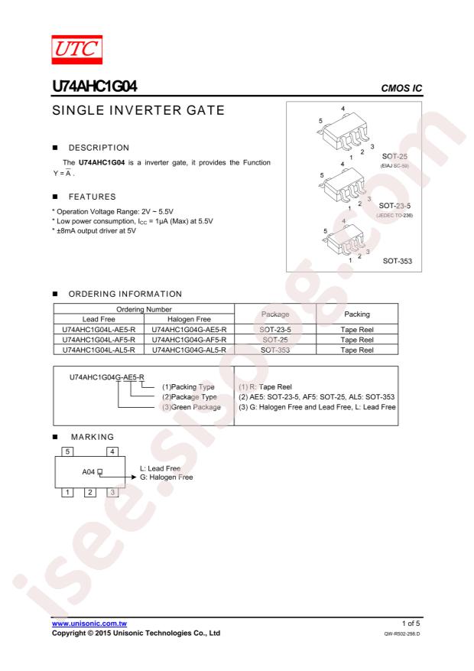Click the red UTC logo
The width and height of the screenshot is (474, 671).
pyautogui.click(x=77, y=50)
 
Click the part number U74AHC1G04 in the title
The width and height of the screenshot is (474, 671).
pyautogui.click(x=95, y=86)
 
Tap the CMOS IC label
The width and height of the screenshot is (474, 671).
pyautogui.click(x=401, y=88)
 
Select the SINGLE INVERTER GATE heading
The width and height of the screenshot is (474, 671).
pyautogui.click(x=138, y=110)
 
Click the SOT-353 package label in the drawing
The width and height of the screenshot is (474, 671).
pyautogui.click(x=398, y=261)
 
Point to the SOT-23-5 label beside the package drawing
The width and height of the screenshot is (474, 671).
pyautogui.click(x=394, y=206)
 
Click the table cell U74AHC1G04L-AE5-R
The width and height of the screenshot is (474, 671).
pyautogui.click(x=99, y=330)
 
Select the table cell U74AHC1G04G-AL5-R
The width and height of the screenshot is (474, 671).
pyautogui.click(x=189, y=350)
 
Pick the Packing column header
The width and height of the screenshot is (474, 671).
pyautogui.click(x=357, y=314)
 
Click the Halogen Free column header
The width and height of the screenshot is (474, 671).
pyautogui.click(x=189, y=319)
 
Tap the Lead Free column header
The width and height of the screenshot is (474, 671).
pyautogui.click(x=99, y=319)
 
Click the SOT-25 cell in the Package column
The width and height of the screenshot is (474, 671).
pyautogui.click(x=275, y=340)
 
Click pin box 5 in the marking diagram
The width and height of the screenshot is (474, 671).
pyautogui.click(x=67, y=451)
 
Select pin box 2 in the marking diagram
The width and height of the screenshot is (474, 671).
pyautogui.click(x=89, y=493)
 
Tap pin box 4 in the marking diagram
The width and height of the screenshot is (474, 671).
pyautogui.click(x=112, y=451)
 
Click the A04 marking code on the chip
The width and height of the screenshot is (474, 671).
pyautogui.click(x=88, y=472)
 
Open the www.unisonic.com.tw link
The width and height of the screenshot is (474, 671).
pyautogui.click(x=89, y=624)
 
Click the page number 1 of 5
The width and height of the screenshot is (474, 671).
pyautogui.click(x=411, y=624)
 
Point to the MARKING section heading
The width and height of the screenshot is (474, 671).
pyautogui.click(x=93, y=437)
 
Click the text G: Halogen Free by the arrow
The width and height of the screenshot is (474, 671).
pyautogui.click(x=166, y=477)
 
